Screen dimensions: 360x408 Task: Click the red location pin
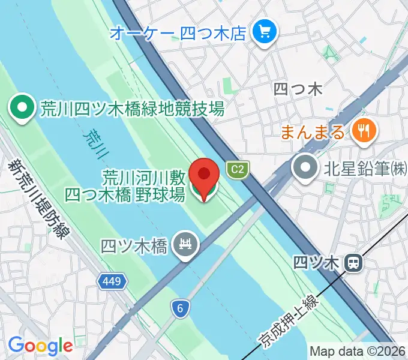204,176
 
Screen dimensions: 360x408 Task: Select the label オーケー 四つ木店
178,31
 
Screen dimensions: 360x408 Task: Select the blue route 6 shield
179,308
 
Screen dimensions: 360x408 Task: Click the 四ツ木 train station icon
354,262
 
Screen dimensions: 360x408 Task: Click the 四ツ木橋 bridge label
134,245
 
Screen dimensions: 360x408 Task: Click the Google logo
40,346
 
